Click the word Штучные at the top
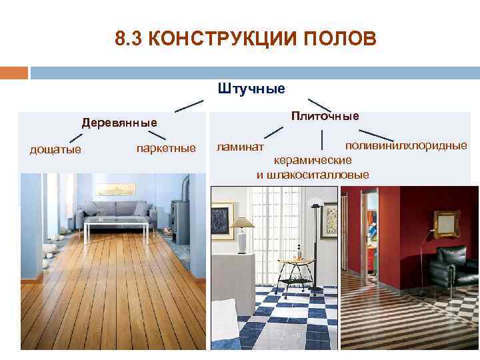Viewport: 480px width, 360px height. pyautogui.click(x=251, y=88)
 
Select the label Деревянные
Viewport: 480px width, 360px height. pyautogui.click(x=119, y=123)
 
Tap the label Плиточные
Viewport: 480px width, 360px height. pyautogui.click(x=325, y=116)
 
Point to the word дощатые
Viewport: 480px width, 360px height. pyautogui.click(x=55, y=149)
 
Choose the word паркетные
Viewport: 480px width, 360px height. pyautogui.click(x=166, y=147)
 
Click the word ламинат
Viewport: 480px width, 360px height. pyautogui.click(x=240, y=146)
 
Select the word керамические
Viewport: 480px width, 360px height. pyautogui.click(x=313, y=161)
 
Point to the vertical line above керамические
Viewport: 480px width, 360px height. pyautogui.click(x=322, y=140)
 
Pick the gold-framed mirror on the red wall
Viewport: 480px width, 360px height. pyautogui.click(x=447, y=223)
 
